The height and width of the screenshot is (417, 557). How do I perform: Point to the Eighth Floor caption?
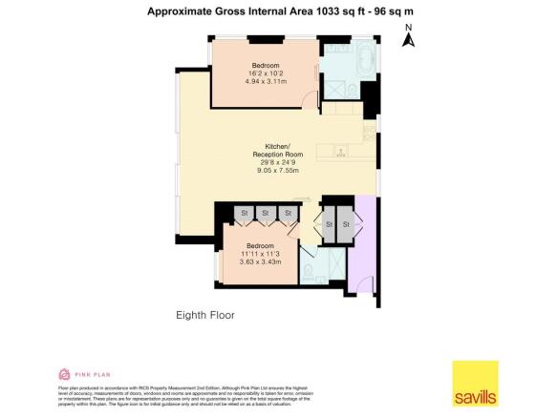tap(205, 314)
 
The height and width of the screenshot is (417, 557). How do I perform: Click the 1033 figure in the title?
tap(318, 12)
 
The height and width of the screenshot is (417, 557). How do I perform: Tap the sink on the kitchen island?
tap(342, 150)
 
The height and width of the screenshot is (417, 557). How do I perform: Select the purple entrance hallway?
tap(364, 248)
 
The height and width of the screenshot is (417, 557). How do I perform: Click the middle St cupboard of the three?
tap(265, 212)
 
